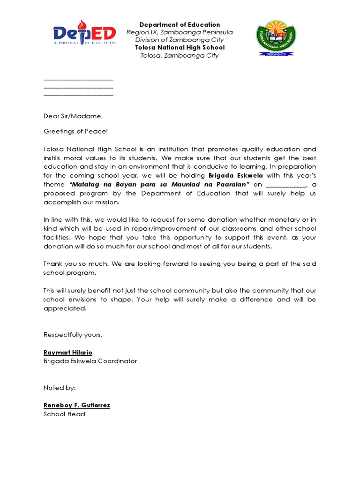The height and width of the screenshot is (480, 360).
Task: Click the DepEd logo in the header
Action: pos(84,34)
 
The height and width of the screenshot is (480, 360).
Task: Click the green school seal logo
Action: pos(275,38)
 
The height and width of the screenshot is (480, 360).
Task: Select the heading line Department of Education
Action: pos(180,24)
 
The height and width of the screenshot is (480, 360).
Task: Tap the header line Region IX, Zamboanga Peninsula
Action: pos(180,32)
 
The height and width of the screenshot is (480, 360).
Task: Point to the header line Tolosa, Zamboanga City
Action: pos(180,55)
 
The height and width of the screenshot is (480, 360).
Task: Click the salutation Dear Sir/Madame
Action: pos(73,116)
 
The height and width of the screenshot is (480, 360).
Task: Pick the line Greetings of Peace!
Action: pos(75,132)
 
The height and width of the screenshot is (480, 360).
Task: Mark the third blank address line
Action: pos(78,95)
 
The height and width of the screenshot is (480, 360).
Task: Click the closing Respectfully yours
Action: pos(73,335)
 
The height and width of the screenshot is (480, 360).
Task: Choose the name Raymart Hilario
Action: pos(67,352)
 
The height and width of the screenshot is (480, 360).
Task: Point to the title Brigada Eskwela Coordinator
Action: pos(90,361)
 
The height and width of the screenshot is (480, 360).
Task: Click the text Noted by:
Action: pos(60,388)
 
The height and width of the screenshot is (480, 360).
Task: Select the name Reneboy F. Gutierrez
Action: pos(76,405)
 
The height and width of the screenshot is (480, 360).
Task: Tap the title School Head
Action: pos(64,414)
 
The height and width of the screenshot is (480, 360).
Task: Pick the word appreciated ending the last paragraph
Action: pos(65,308)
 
